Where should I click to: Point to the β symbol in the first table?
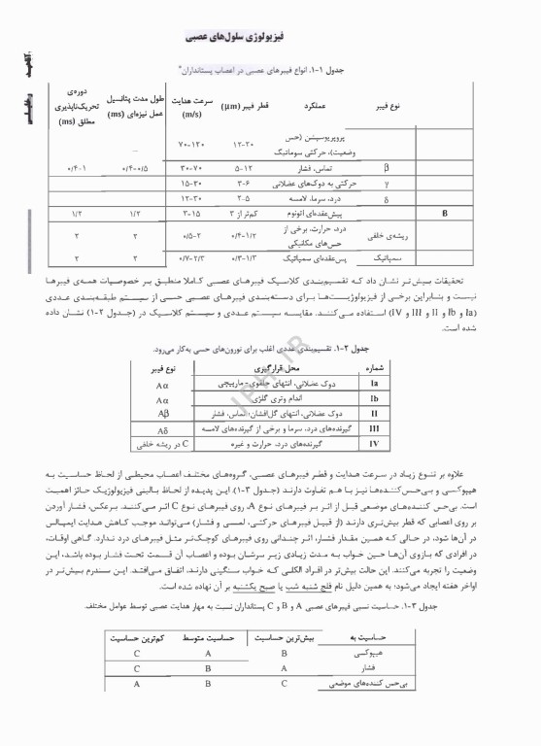386,166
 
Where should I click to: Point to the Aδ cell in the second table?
163,428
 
